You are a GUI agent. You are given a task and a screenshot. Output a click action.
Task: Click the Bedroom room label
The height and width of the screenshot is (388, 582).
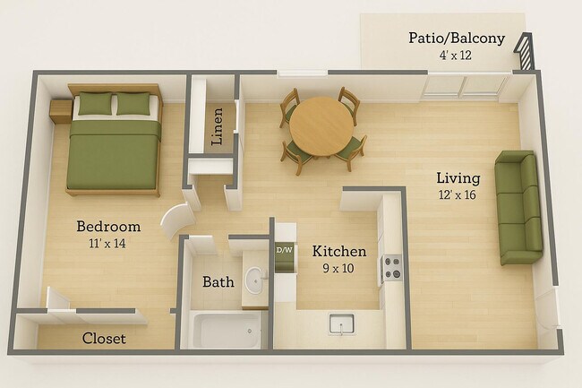(107, 226)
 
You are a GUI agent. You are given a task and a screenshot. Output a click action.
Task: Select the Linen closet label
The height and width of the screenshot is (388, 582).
(216, 125)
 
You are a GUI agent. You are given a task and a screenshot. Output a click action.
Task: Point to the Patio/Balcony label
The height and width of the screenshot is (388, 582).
(456, 39)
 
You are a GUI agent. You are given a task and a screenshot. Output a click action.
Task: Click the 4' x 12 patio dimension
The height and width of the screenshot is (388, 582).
(456, 56)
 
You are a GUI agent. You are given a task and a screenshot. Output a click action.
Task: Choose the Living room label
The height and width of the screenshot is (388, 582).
(458, 177)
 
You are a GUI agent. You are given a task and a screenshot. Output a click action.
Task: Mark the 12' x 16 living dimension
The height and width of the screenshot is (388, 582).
(458, 194)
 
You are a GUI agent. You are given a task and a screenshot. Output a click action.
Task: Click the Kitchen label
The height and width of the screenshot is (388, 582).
(338, 252)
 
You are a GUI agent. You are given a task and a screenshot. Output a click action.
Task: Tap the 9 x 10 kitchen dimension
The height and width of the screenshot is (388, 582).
(338, 269)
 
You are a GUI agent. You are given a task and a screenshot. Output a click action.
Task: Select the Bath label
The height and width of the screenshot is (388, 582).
(218, 282)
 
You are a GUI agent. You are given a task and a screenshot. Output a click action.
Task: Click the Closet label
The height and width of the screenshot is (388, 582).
(104, 339)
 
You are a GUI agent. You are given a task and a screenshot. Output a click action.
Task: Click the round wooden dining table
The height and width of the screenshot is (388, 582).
(321, 125)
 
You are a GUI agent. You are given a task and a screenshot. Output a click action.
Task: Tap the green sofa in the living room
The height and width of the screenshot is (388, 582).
(520, 207)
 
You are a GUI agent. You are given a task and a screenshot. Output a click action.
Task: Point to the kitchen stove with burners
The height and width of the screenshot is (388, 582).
(392, 266)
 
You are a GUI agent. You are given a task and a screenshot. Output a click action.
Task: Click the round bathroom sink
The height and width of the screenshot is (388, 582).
(255, 280)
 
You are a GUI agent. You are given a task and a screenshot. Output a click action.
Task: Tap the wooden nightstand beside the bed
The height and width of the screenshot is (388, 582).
(60, 111)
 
